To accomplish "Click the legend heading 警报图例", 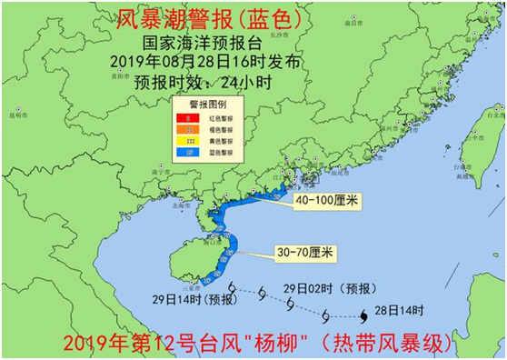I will coord(208,105).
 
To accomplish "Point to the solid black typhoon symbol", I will coord(364,315).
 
